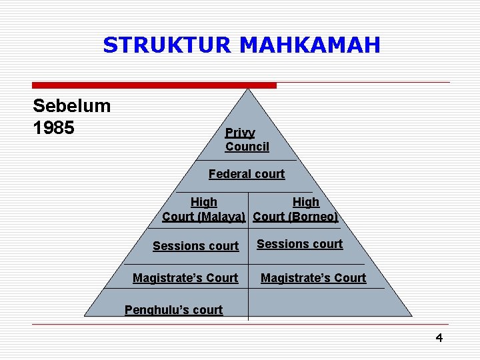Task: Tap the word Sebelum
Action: click(72, 106)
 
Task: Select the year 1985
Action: click(54, 127)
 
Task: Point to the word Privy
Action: click(240, 133)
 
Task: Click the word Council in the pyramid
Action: click(247, 147)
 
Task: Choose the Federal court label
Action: click(247, 174)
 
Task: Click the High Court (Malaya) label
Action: click(204, 209)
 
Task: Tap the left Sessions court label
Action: click(195, 246)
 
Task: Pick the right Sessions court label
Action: click(300, 244)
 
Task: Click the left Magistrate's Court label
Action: click(185, 278)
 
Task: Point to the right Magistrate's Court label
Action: click(313, 278)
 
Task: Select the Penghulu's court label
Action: click(174, 310)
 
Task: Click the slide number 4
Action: click(439, 338)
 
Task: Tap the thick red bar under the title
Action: click(155, 85)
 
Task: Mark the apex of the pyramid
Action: click(248, 89)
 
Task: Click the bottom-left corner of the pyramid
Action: click(85, 315)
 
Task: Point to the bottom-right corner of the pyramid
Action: click(411, 315)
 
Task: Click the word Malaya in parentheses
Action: click(223, 217)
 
